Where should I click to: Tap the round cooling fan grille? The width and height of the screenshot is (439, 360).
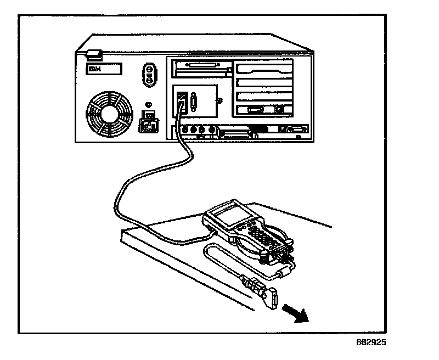pyautogui.click(x=109, y=114)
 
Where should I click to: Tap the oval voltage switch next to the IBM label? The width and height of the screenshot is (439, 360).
pyautogui.click(x=148, y=74)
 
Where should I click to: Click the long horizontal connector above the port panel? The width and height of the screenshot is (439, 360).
pyautogui.click(x=201, y=70)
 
